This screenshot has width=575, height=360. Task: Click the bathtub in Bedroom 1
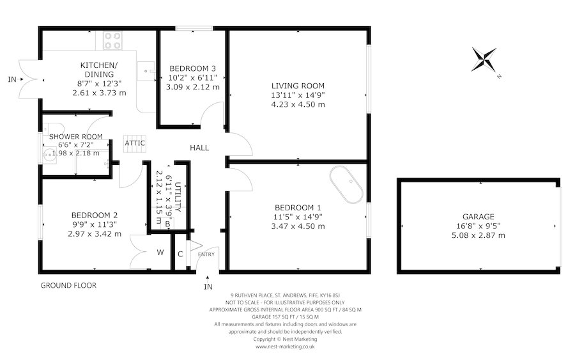347,186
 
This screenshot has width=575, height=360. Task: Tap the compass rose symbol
487,60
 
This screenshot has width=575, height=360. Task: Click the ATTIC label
135,143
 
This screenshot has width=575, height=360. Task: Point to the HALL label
199,148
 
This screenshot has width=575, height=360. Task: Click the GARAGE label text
479,217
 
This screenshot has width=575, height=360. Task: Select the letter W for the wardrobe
160,252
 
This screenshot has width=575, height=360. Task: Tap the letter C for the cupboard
180,254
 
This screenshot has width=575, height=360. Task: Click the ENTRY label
207,254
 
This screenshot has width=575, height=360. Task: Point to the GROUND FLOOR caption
68,285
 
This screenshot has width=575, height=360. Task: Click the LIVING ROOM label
298,86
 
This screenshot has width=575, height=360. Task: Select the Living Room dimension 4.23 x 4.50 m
298,104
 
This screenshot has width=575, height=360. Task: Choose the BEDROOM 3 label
192,68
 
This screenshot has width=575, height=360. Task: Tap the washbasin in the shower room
47,154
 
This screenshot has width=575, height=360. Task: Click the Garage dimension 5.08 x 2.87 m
479,235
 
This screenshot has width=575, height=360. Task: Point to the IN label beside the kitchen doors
11,79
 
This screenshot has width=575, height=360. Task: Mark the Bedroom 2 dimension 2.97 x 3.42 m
93,234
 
